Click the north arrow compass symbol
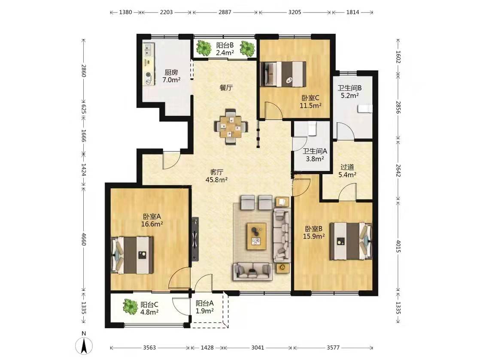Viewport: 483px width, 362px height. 84,345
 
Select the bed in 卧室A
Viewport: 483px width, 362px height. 132,255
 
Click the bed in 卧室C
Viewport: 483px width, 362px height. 283,74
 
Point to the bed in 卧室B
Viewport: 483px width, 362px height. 351,241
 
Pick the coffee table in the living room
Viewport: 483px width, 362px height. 256,236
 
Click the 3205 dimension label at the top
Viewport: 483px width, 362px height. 295,12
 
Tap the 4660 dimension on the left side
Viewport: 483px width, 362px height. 83,238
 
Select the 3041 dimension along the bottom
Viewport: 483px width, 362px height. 258,347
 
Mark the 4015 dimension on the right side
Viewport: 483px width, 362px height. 398,246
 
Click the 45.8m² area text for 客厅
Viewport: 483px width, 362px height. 216,179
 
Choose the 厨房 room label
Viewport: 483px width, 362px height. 171,72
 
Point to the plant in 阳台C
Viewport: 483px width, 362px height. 130,307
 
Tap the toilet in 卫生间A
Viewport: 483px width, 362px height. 312,129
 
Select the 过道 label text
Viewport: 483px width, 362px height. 347,167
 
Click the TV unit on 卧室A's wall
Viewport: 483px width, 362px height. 195,239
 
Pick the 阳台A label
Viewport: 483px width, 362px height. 204,303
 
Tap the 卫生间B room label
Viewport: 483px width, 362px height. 349,88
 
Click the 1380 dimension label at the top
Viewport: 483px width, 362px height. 125,12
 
